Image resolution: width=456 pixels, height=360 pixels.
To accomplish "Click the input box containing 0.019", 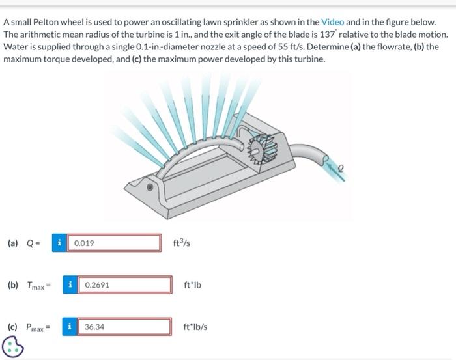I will click(114, 243).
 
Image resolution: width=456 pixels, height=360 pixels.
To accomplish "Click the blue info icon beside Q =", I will click(60, 243).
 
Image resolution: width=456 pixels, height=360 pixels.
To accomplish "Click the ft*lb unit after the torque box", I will click(192, 284).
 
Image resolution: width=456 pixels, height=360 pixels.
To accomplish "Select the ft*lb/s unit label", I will click(195, 326).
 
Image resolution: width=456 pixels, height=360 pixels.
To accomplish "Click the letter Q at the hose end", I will click(340, 168).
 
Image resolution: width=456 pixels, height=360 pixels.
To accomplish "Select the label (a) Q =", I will click(25, 243).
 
